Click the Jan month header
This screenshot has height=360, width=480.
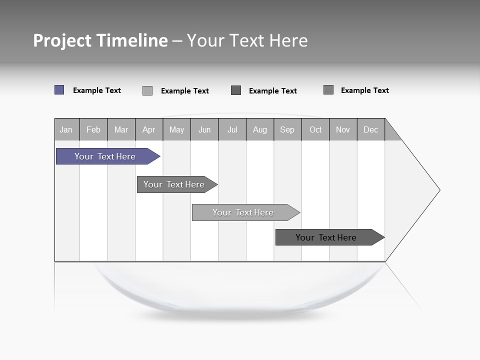pos(66,129)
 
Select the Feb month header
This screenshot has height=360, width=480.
pos(93,129)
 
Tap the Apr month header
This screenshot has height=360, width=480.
pos(149,129)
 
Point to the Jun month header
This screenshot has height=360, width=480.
pos(204,129)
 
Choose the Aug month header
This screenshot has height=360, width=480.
pos(260,129)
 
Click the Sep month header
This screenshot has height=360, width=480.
pos(287,129)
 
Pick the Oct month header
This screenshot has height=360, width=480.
pos(315,129)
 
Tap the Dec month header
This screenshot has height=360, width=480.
pos(371,129)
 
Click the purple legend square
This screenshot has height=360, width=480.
pos(59,90)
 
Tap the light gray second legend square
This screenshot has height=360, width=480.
pos(147,90)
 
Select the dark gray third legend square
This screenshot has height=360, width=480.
pos(236,90)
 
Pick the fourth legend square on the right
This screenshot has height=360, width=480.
pos(328,90)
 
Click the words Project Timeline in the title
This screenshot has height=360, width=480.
pos(100,40)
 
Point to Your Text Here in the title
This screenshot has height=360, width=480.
pos(247,40)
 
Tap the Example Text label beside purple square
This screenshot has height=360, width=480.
pos(97,90)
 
